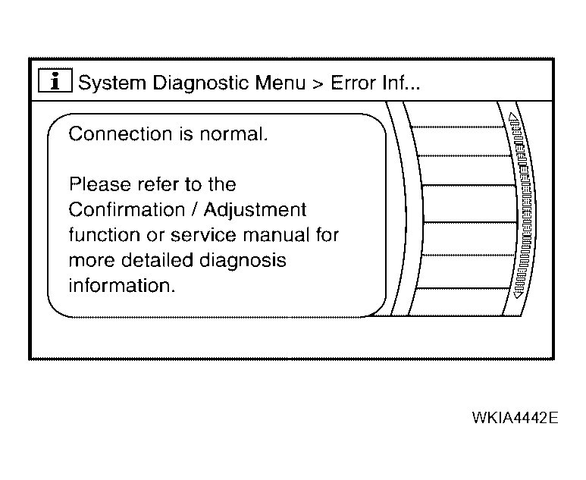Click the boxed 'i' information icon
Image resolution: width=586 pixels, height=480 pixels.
coord(55,80)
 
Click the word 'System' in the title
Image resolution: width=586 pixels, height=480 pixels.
coord(111,83)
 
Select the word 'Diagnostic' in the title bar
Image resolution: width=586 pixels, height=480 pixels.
coord(201,83)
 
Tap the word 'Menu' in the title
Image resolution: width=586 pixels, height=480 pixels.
coord(280,83)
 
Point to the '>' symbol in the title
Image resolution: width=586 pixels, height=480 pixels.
coord(318,84)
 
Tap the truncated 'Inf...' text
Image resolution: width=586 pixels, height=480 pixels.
coord(401,83)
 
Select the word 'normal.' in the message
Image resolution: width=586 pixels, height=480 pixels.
coord(233,133)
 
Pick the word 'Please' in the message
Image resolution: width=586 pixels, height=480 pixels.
coord(100,184)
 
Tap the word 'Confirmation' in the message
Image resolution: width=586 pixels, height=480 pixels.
coord(127,209)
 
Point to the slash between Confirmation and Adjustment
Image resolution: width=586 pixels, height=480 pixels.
coord(194,210)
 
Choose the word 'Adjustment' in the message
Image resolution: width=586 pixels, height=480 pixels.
coord(255,210)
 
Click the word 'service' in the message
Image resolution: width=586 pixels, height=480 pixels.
coord(204,236)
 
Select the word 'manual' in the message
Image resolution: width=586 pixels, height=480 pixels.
coord(277,235)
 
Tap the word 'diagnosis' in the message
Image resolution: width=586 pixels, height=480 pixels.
coord(243,261)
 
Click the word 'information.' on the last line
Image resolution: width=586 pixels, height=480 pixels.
coord(122,286)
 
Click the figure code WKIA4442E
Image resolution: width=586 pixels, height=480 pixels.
coord(515,418)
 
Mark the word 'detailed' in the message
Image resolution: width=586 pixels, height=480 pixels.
coord(157,260)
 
